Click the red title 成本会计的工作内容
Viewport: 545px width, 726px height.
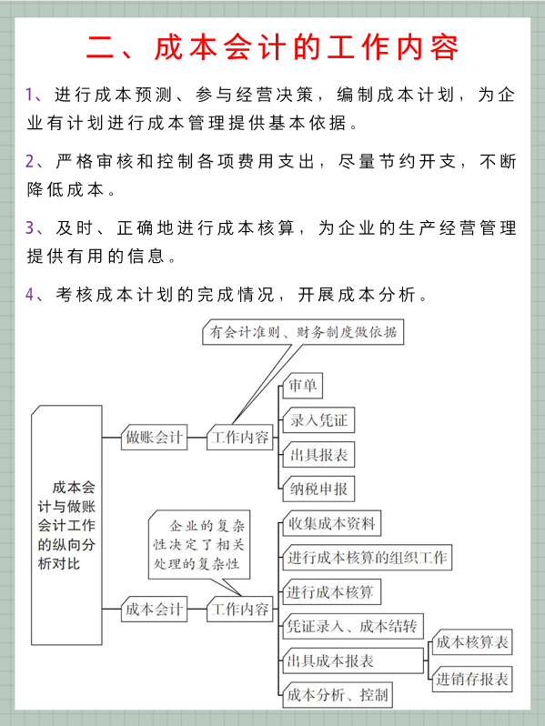click(x=272, y=47)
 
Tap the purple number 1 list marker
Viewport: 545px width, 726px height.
click(x=31, y=95)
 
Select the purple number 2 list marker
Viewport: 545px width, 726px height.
click(x=31, y=162)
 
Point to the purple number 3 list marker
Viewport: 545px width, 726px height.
click(x=31, y=228)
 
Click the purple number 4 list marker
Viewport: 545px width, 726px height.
click(x=31, y=295)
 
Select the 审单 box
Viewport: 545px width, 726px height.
click(x=302, y=386)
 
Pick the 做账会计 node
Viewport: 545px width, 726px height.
click(x=154, y=438)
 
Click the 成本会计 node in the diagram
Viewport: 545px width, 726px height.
click(x=154, y=609)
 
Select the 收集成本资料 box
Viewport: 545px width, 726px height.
click(x=331, y=524)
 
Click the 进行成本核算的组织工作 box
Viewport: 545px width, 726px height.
click(x=367, y=558)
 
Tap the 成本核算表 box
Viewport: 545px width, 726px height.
click(x=471, y=643)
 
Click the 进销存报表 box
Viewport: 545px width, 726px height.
click(x=471, y=678)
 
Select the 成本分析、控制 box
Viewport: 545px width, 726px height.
click(x=338, y=695)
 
